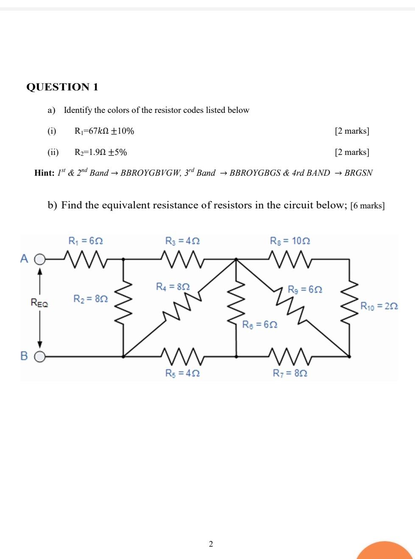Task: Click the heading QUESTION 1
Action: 62,87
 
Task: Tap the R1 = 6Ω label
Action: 86,241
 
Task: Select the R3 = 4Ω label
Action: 182,241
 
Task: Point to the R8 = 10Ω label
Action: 290,241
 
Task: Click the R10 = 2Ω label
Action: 379,306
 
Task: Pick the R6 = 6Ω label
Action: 260,324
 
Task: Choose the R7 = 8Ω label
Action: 290,373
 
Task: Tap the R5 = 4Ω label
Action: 182,373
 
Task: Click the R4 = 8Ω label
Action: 173,287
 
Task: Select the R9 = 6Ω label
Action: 305,289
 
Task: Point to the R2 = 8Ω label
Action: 91,299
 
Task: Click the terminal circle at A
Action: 39,258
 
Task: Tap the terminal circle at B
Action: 39,357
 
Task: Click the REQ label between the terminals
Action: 39,303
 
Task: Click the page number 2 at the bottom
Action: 211,544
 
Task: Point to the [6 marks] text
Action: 368,206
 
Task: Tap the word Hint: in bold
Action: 45,173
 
